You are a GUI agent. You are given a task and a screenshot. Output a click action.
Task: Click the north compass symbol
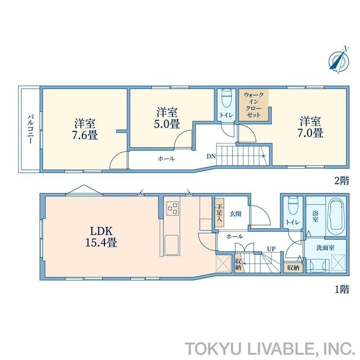[x=338, y=60]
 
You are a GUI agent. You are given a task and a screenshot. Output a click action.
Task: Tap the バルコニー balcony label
[x=31, y=129]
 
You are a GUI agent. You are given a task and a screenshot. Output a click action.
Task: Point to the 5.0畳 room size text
[x=167, y=124]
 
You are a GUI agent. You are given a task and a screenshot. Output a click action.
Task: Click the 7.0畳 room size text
[x=310, y=133]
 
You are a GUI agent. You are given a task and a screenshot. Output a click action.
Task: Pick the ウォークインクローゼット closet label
[x=254, y=105]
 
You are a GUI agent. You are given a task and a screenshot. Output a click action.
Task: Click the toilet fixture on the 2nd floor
[x=227, y=98]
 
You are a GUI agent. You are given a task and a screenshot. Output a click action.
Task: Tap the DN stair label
[x=211, y=157]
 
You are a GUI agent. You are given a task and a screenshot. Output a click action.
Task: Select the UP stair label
[x=271, y=248]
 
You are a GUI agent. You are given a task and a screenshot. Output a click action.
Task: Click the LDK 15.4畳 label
[x=101, y=237]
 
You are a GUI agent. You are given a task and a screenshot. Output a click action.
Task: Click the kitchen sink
[x=171, y=245]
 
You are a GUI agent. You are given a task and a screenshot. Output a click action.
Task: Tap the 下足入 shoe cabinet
[x=219, y=212]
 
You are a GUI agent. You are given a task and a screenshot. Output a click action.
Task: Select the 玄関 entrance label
[x=236, y=214]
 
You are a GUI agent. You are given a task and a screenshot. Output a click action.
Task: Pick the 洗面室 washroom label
[x=325, y=248]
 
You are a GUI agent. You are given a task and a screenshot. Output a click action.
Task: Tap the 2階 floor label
[x=342, y=181]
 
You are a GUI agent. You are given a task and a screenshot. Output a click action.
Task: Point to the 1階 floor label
[x=342, y=289]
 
